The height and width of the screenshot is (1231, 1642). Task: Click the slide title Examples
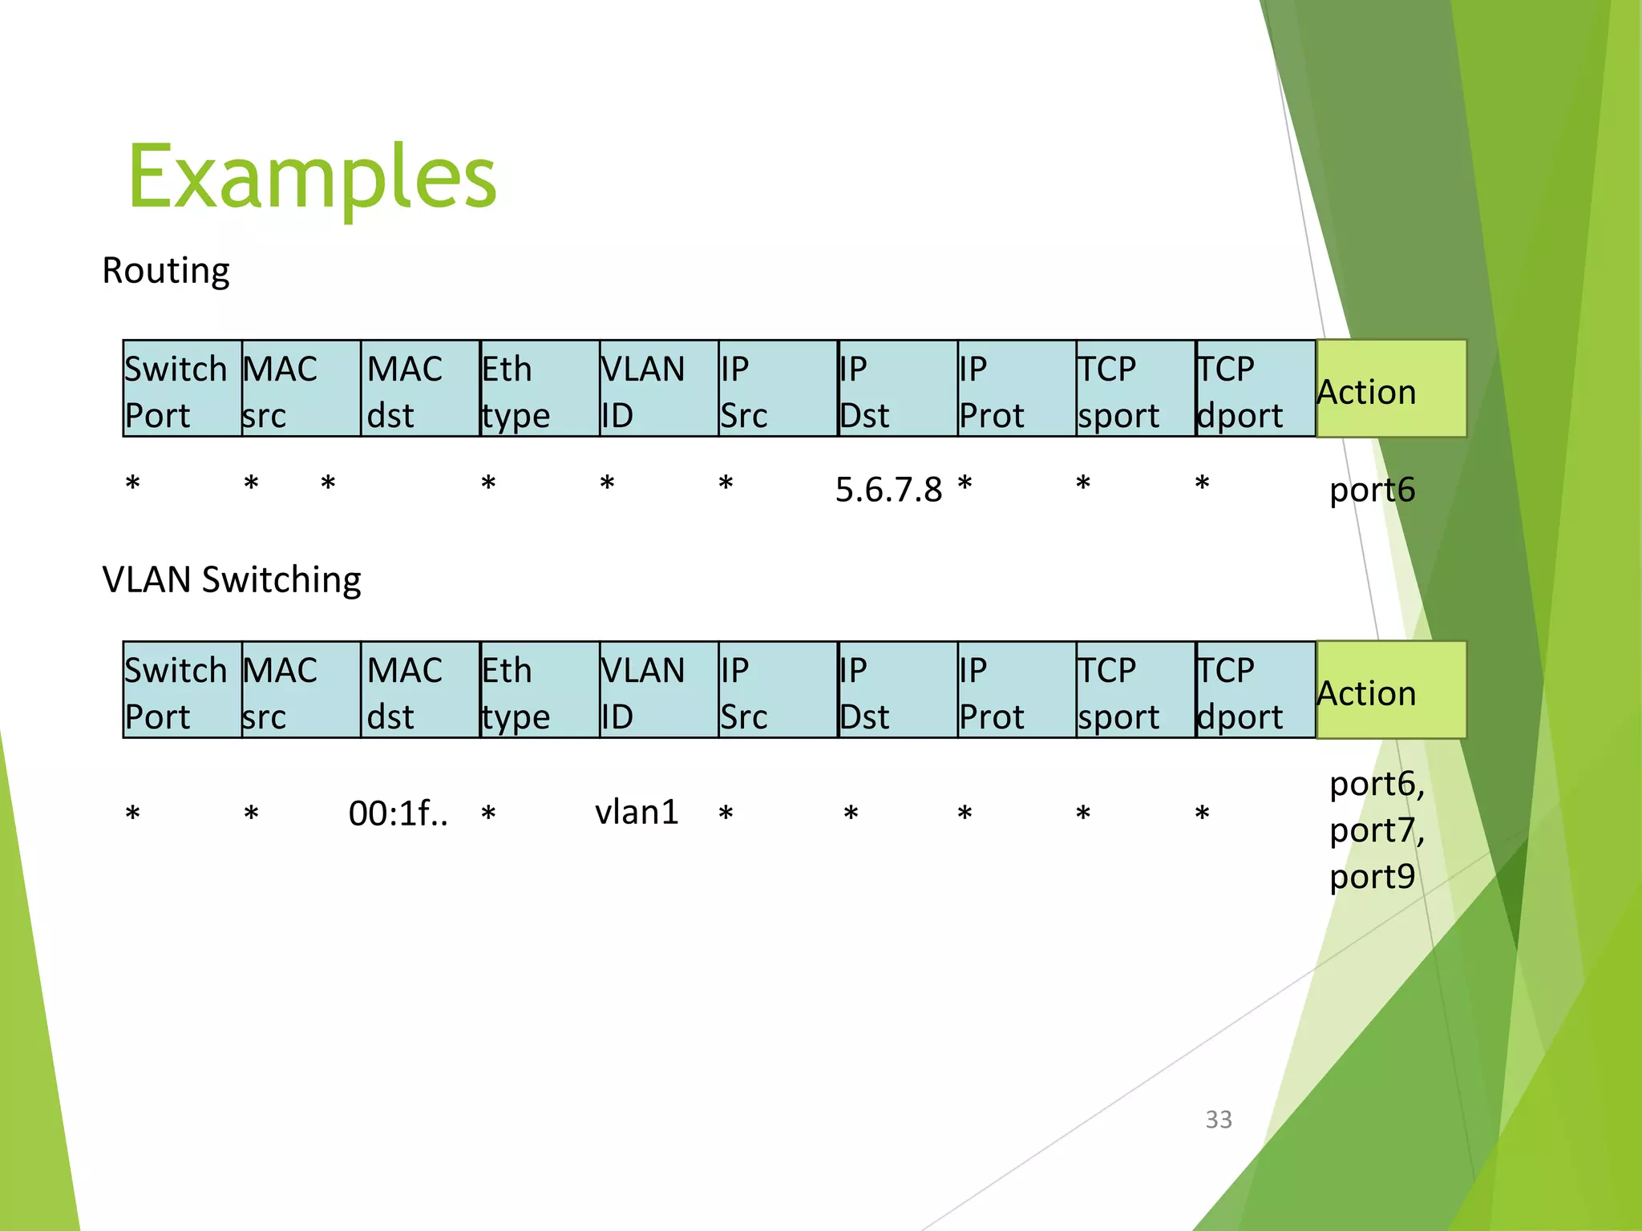pos(313,176)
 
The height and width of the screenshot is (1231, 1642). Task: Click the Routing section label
pos(166,271)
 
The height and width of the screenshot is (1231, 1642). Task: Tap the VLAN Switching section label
pos(232,579)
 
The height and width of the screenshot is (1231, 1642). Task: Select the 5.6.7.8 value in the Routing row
pos(888,490)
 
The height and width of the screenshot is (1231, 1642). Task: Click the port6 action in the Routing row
pos(1372,490)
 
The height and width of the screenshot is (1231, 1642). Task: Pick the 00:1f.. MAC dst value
pos(398,813)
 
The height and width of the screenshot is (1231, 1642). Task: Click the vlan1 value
pos(637,813)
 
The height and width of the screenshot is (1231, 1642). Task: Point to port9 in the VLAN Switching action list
pos(1372,877)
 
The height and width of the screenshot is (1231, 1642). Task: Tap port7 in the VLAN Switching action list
pos(1376,830)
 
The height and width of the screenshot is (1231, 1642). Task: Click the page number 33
pos(1219,1120)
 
